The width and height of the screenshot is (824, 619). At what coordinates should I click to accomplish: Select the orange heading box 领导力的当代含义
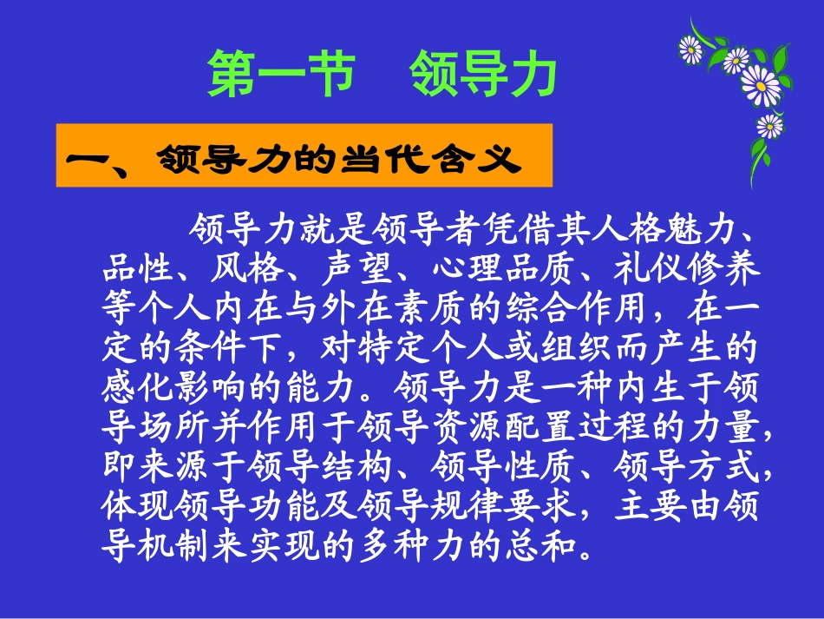(304, 156)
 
